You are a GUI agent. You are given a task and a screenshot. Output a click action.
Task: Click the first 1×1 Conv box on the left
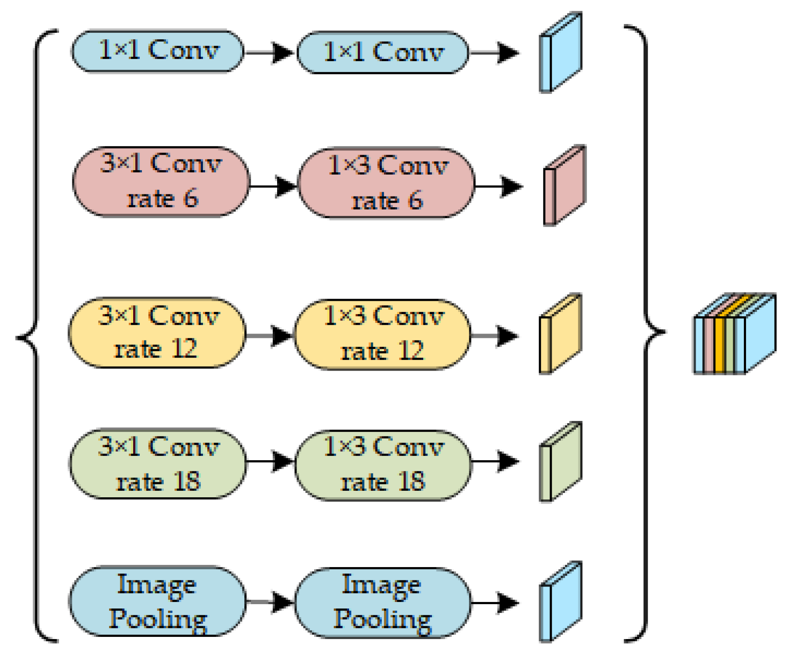point(157,51)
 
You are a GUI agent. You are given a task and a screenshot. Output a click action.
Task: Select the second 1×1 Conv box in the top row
point(383,53)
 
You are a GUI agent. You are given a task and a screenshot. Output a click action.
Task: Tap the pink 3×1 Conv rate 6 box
point(161,181)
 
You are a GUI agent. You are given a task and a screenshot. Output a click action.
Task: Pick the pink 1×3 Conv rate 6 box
point(387,183)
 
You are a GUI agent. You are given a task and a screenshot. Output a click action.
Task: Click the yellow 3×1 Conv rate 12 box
point(157,332)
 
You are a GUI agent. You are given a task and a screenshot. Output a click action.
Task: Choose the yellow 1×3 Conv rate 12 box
point(383,334)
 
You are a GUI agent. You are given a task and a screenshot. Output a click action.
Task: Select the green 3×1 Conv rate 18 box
point(158,463)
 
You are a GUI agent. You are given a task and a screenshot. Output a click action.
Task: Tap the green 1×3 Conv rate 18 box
point(383,465)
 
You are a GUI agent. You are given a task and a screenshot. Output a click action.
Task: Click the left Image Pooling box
point(157,601)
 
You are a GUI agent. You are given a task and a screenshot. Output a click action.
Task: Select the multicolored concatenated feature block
point(735,334)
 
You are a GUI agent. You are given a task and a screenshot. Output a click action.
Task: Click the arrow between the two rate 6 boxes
point(274,186)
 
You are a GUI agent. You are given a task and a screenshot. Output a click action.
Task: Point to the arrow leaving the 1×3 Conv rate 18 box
point(496,461)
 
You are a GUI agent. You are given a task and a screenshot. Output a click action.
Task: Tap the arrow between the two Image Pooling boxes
point(271,602)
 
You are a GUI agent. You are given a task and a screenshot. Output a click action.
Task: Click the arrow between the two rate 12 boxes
point(270,336)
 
